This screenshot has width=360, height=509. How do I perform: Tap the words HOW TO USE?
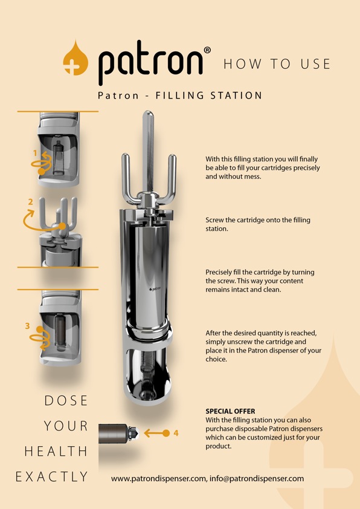(277, 64)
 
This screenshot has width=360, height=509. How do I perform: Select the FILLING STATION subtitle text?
(208, 96)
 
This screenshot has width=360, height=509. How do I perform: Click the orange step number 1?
(35, 154)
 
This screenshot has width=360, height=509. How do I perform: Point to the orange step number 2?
(30, 201)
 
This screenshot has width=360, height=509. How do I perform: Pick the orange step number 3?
(27, 326)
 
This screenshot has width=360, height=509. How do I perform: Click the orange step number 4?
(176, 433)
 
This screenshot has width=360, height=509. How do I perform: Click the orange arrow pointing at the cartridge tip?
(157, 433)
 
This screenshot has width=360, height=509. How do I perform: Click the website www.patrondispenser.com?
(159, 478)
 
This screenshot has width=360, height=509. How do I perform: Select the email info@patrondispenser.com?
(257, 478)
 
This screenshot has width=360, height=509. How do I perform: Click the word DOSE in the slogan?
(66, 401)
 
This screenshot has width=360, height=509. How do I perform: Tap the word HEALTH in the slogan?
(56, 452)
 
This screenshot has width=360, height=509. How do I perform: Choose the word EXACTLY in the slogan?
(52, 477)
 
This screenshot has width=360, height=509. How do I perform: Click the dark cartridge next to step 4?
(115, 433)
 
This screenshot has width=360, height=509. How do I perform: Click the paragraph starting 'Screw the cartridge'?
(258, 224)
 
